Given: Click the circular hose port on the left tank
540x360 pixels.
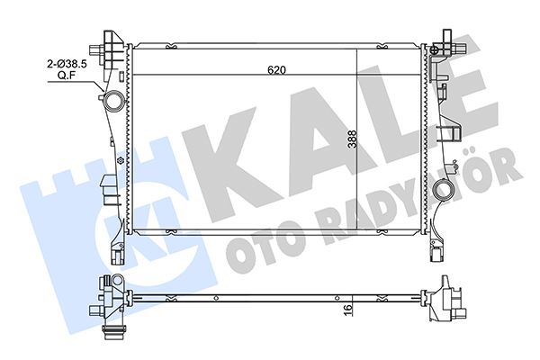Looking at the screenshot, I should (112, 100).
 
